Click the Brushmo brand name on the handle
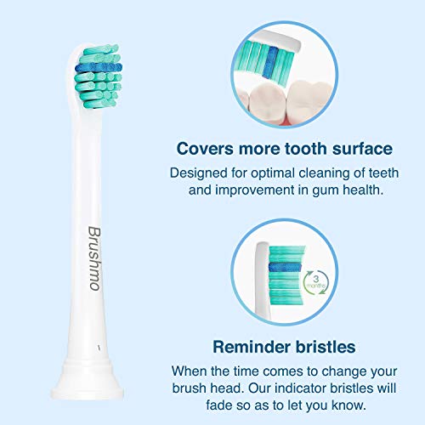(94, 258)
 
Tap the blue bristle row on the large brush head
(99, 68)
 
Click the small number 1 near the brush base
(99, 348)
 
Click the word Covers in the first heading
(205, 149)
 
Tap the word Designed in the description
(199, 173)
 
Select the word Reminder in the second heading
(252, 347)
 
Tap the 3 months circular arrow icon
(316, 282)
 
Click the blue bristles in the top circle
(271, 62)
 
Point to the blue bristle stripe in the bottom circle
(284, 267)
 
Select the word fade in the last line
(218, 405)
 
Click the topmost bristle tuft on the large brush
(100, 49)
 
